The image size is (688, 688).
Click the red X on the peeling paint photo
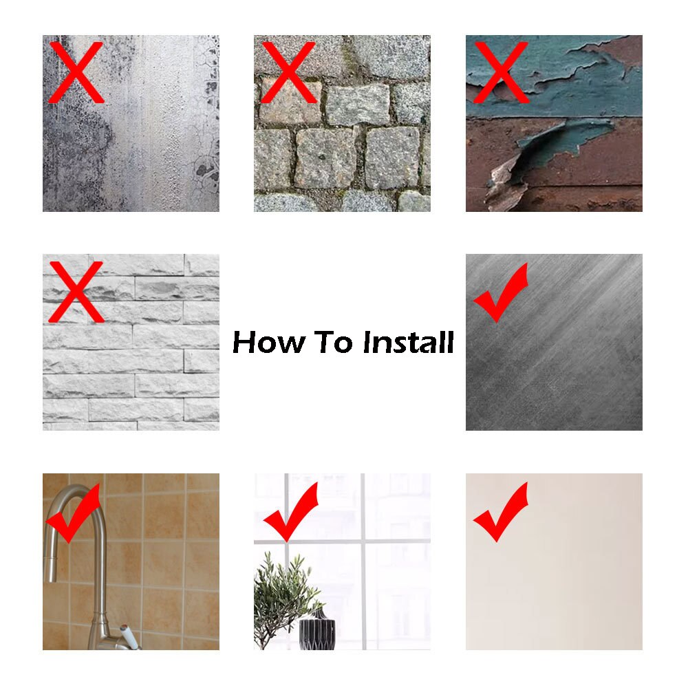(500, 72)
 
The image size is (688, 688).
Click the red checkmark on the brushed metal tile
(500, 294)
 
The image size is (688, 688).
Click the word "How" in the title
(269, 342)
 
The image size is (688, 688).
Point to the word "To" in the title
(335, 342)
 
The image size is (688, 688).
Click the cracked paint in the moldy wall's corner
(205, 165)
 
